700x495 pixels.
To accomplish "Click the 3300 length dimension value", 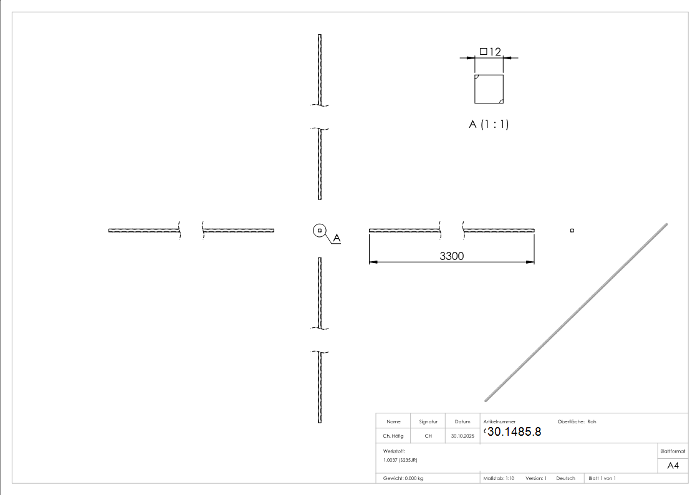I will click(452, 256).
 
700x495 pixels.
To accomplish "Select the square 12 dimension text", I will click(491, 52).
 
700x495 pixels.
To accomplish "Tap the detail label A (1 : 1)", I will click(489, 124).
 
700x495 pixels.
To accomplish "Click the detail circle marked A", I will click(319, 231).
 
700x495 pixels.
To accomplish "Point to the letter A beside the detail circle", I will click(337, 238).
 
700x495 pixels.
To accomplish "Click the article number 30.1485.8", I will click(514, 431).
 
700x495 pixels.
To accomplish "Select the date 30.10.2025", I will click(463, 436).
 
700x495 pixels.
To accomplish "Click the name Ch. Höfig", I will click(393, 436).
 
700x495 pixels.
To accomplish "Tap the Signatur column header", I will click(428, 421).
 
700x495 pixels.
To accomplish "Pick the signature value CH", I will click(428, 436).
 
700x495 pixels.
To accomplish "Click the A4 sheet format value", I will click(673, 466).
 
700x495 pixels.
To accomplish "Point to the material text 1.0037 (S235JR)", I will click(400, 459).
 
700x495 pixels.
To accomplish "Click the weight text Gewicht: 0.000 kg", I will click(403, 478).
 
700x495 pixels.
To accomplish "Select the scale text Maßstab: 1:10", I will click(499, 478).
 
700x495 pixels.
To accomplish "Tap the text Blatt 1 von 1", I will click(602, 478).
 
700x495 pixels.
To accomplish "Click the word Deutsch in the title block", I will click(565, 478).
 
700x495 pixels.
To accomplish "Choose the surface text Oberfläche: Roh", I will click(577, 421).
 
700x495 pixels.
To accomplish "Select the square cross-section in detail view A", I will click(489, 89).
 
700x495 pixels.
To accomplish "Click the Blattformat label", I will click(673, 451).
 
